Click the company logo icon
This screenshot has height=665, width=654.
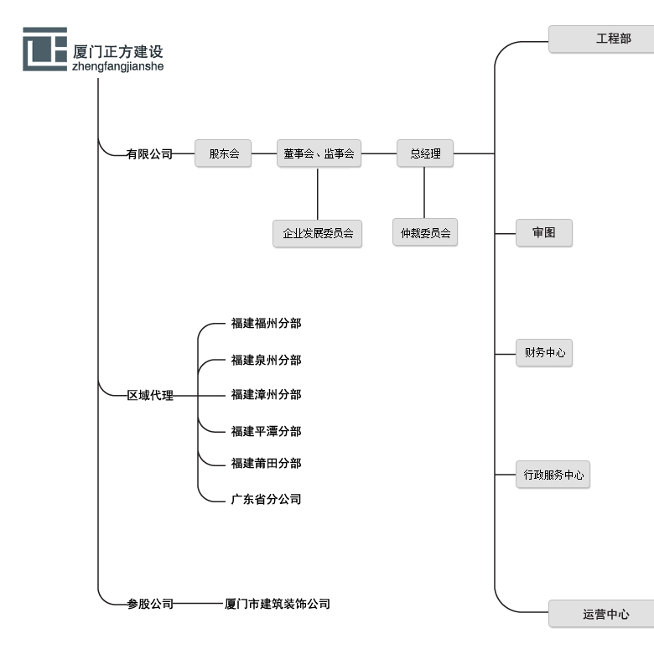pyautogui.click(x=44, y=49)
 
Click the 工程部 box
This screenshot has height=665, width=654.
pyautogui.click(x=601, y=39)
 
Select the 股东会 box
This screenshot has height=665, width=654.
pyautogui.click(x=223, y=153)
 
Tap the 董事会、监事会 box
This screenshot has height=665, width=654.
pyautogui.click(x=319, y=153)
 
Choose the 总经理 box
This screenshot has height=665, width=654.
pyautogui.click(x=425, y=153)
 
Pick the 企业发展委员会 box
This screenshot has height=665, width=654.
pyautogui.click(x=318, y=233)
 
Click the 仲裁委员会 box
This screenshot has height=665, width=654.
pyautogui.click(x=425, y=233)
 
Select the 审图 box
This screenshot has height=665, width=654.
pyautogui.click(x=544, y=232)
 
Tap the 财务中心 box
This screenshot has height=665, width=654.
pyautogui.click(x=544, y=352)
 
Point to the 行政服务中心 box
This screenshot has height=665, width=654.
pyautogui.click(x=553, y=475)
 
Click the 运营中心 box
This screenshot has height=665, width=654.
pyautogui.click(x=601, y=614)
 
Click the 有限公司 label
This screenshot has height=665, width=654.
pyautogui.click(x=149, y=154)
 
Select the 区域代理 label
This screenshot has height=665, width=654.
pyautogui.click(x=150, y=395)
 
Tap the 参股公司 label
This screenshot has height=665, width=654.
pyautogui.click(x=150, y=604)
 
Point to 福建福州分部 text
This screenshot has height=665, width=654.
pyautogui.click(x=266, y=323)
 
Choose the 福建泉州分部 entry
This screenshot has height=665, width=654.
pyautogui.click(x=266, y=360)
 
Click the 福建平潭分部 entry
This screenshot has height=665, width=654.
pyautogui.click(x=266, y=431)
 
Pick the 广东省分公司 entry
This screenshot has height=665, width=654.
pyautogui.click(x=266, y=499)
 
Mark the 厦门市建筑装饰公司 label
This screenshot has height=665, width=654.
pyautogui.click(x=278, y=604)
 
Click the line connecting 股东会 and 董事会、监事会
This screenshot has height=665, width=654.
pyautogui.click(x=264, y=153)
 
